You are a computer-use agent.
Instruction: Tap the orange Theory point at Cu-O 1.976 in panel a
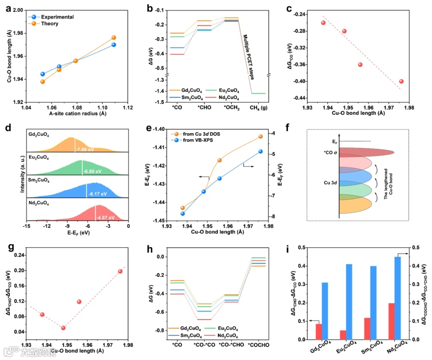coord(114,38)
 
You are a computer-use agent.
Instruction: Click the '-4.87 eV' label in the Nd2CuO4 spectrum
coord(106,218)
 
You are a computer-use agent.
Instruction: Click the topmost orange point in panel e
coord(260,136)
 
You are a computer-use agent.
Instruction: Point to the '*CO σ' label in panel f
coord(330,153)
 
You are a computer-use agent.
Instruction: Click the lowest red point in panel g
coord(63,328)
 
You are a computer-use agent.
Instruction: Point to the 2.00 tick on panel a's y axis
coord(17,10)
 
